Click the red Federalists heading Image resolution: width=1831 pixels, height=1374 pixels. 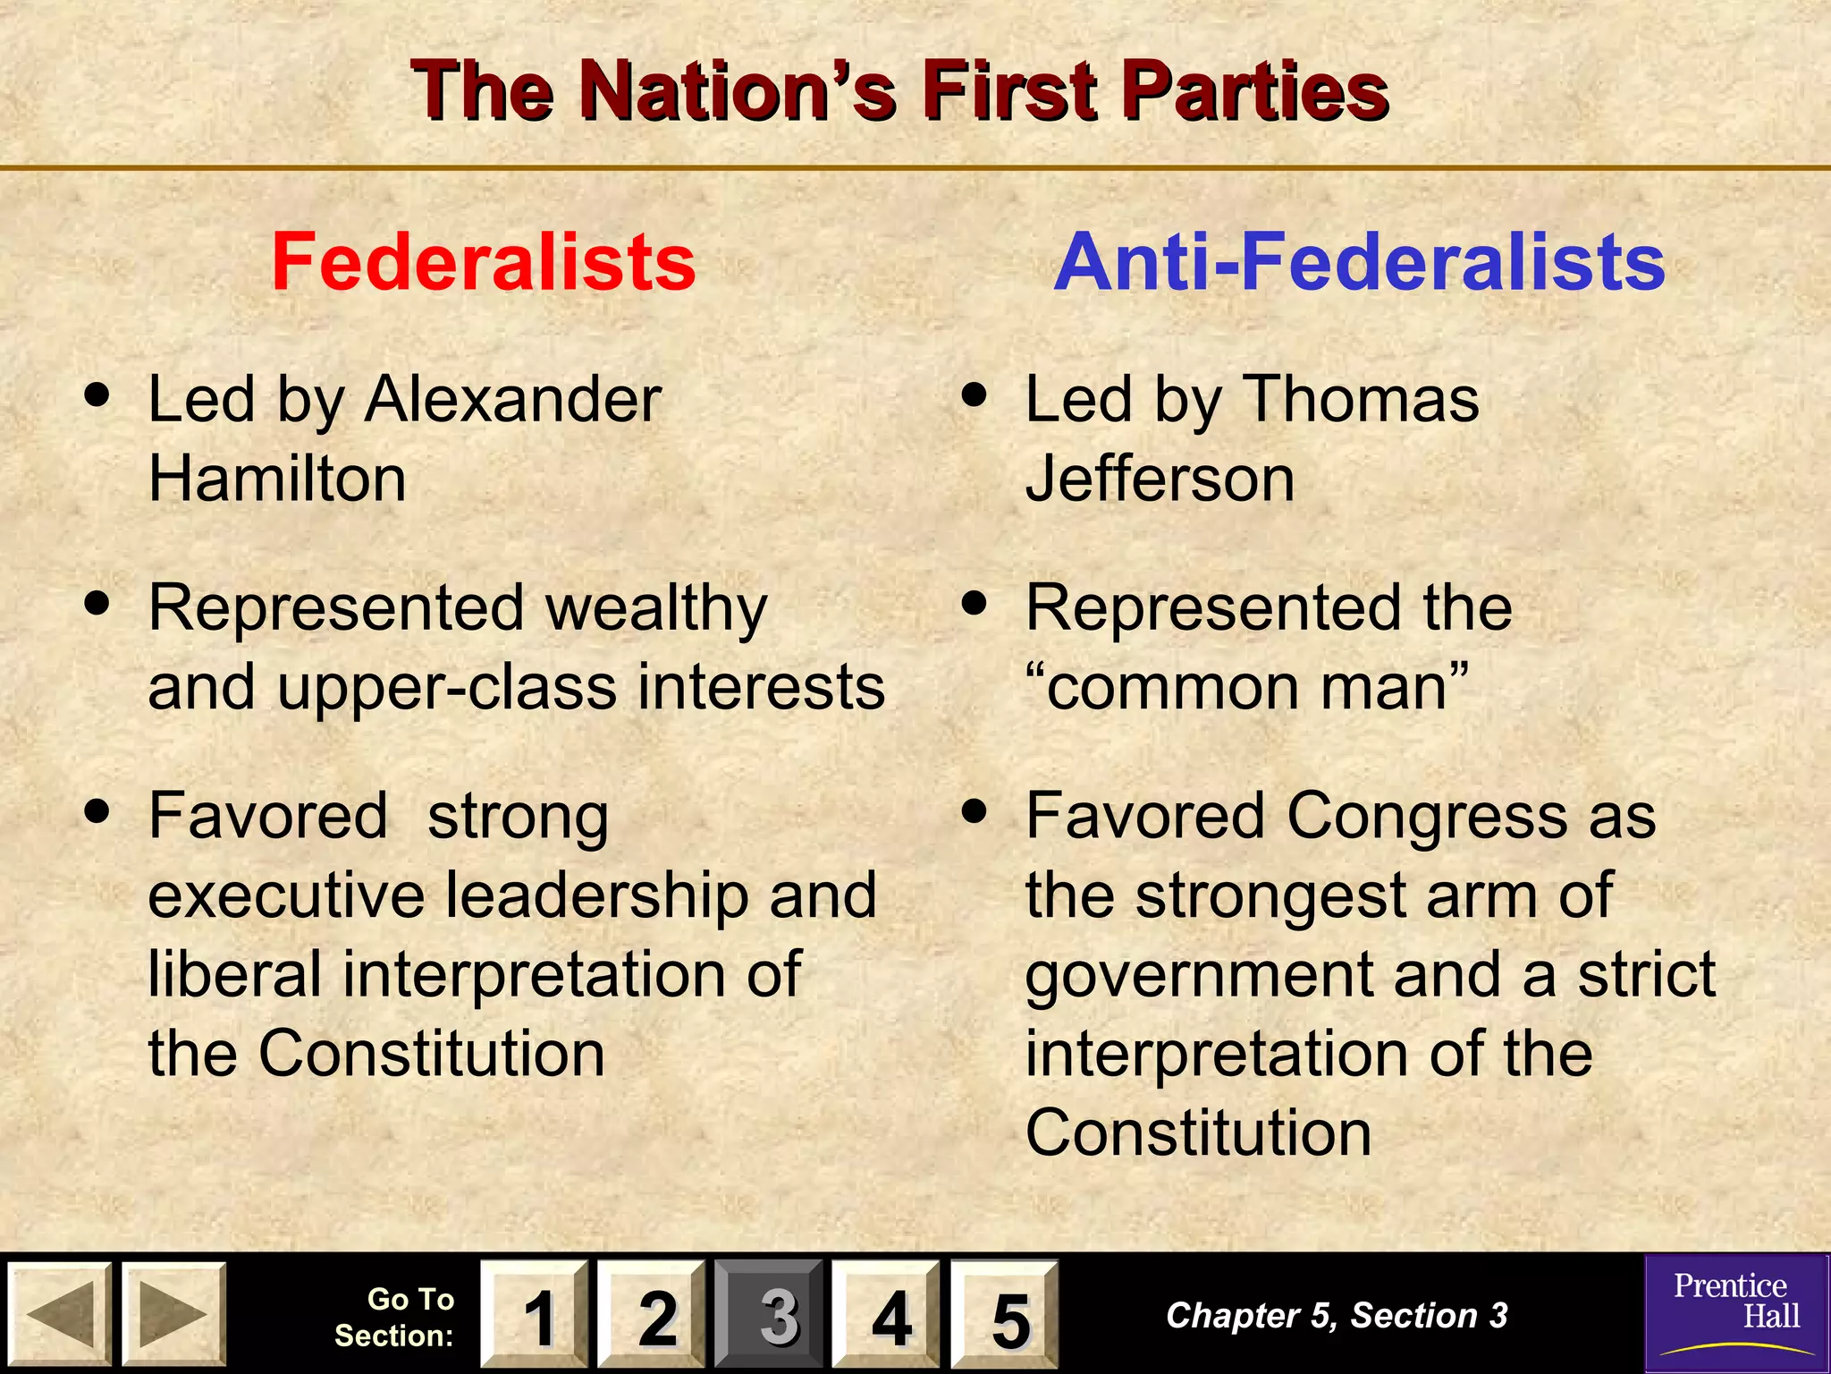[484, 262]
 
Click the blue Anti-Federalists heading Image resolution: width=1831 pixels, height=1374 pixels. [1359, 262]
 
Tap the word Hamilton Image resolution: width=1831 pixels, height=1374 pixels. [277, 479]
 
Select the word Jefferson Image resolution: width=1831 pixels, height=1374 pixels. [1160, 479]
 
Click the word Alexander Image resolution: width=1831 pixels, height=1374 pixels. [512, 399]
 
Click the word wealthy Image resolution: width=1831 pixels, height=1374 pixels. [656, 608]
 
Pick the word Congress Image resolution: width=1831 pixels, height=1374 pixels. [1427, 817]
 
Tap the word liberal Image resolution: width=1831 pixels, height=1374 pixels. [234, 974]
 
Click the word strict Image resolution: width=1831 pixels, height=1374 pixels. [1646, 974]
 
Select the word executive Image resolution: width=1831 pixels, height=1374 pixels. [286, 895]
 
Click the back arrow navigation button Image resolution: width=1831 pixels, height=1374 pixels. [59, 1314]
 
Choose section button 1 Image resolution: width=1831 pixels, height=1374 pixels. [534, 1314]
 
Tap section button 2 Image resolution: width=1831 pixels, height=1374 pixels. [652, 1314]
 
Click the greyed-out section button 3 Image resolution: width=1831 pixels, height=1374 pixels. [770, 1314]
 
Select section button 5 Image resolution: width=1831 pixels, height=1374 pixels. [1004, 1314]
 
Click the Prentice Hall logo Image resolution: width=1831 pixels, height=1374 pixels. [1736, 1313]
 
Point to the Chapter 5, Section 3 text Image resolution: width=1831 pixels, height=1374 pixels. [1337, 1315]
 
